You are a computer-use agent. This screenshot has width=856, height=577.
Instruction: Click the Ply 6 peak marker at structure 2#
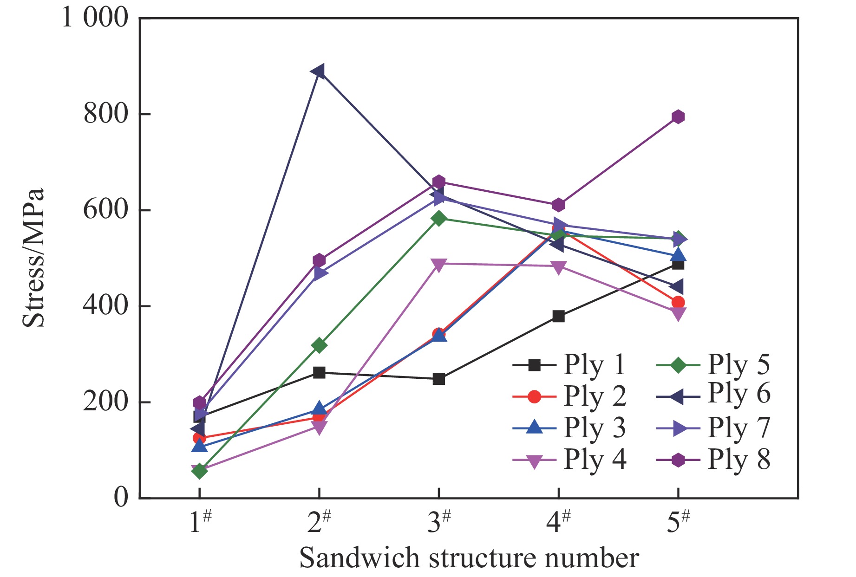tap(319, 71)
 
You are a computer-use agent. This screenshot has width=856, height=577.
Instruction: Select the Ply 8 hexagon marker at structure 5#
tap(678, 117)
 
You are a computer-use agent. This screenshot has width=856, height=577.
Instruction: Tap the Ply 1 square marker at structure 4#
tap(558, 317)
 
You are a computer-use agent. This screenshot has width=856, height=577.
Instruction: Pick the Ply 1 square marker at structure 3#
tap(438, 379)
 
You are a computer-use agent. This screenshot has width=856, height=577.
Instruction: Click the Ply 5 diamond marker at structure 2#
tap(319, 345)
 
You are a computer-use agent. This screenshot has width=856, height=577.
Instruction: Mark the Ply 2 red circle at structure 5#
tap(678, 302)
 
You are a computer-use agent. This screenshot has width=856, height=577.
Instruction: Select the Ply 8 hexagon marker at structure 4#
tap(558, 205)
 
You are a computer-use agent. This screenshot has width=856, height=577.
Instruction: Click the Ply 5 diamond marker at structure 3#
tap(438, 218)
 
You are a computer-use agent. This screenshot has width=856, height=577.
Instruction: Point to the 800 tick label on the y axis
tap(105, 114)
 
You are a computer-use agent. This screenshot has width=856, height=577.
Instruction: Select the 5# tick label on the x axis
tap(678, 522)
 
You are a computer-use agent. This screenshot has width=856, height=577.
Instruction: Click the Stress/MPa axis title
tap(33, 258)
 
